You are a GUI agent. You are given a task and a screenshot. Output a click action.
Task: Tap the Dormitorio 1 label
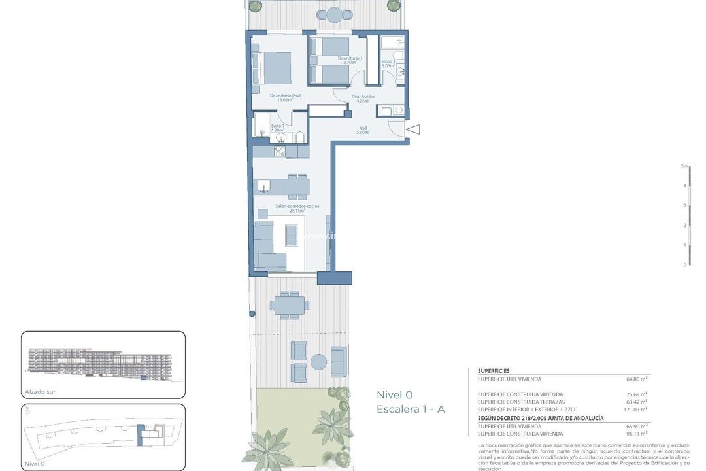tap(350, 60)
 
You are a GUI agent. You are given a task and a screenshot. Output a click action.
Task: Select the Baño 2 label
tap(388, 63)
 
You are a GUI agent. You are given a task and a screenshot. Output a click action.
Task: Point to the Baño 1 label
tap(277, 128)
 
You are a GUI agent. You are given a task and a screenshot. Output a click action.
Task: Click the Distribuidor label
tap(363, 99)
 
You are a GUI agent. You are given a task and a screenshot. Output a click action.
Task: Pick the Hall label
tap(363, 130)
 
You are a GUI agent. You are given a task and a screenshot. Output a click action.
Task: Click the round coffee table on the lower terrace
tap(318, 362)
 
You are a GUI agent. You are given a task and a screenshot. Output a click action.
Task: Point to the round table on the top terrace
tap(334, 14)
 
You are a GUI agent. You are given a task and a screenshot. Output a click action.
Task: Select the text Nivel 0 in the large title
tap(394, 394)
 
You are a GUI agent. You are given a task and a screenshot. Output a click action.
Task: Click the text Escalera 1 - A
tap(411, 410)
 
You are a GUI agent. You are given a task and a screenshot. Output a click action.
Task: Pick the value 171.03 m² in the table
tap(636, 410)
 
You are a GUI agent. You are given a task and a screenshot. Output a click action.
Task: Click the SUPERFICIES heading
tap(494, 370)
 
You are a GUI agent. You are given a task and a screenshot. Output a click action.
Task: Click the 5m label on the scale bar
tap(684, 166)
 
